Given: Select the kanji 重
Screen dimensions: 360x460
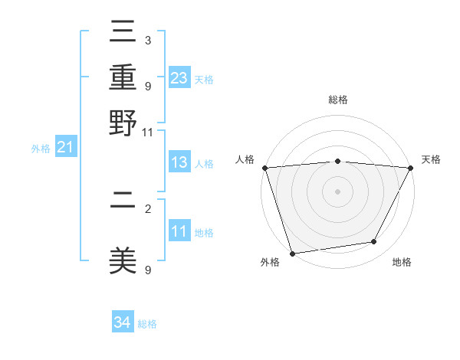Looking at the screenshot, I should [x=123, y=79].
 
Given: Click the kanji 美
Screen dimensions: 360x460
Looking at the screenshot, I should [x=123, y=261].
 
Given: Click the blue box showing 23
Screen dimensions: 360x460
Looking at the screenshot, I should [x=179, y=77].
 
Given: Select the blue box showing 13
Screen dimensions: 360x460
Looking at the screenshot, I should [x=179, y=162].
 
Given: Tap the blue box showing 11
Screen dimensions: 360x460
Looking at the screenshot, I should [x=179, y=231].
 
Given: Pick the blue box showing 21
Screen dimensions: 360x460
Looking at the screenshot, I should [x=65, y=147].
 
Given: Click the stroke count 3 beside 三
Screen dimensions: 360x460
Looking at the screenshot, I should [x=147, y=40].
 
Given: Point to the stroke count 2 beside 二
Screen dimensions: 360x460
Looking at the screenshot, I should [x=147, y=208].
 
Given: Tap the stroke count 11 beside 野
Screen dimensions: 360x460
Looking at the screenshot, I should [x=147, y=132].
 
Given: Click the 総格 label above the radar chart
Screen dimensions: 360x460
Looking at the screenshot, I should [x=338, y=100].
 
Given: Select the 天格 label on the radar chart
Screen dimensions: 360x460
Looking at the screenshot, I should [x=431, y=159].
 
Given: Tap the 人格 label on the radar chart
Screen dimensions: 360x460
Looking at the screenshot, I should [x=245, y=159].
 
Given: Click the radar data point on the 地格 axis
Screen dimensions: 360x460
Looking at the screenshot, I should [x=374, y=242].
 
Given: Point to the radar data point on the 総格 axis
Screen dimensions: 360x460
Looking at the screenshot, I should [x=338, y=161].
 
